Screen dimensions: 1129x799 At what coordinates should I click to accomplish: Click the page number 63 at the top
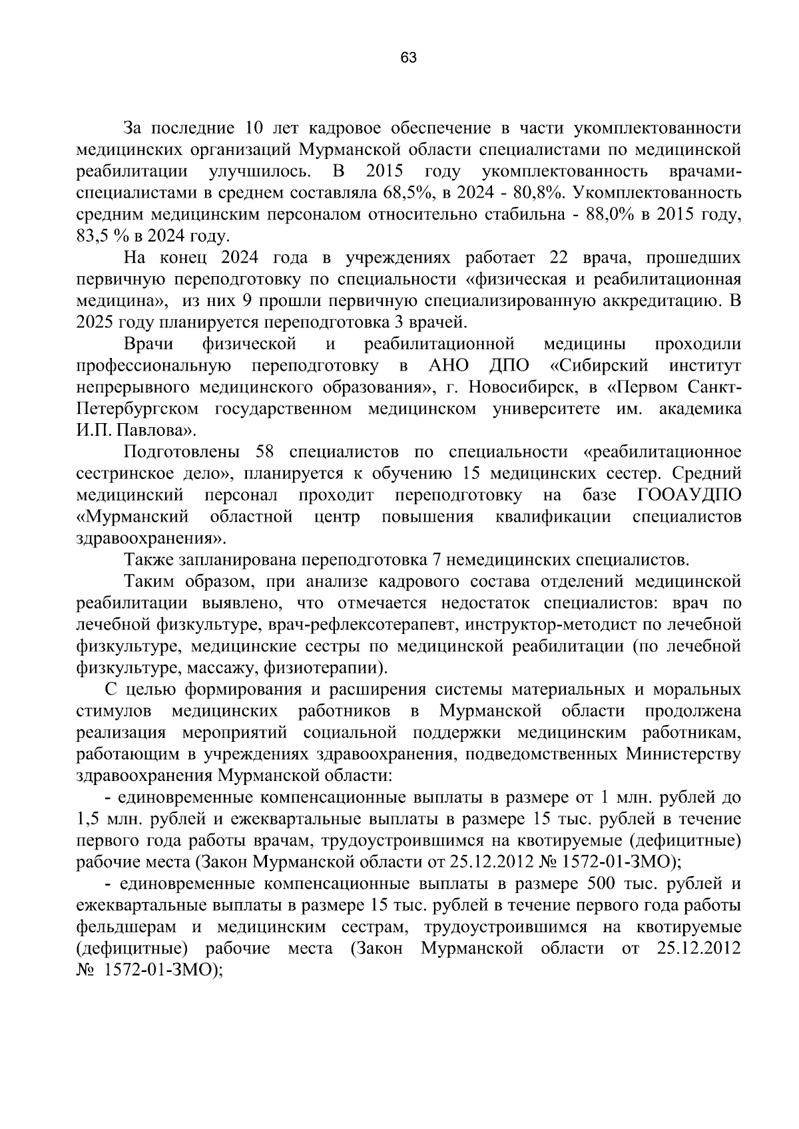[x=408, y=59]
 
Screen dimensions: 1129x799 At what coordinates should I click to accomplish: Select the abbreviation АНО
[x=449, y=366]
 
